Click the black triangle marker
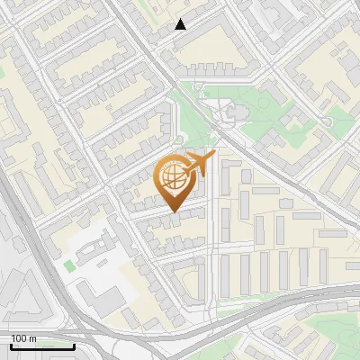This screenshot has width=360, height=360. tap(181, 24)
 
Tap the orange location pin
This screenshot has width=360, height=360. tap(175, 183)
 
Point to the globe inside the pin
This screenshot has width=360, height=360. tap(175, 176)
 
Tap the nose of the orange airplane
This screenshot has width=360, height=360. tap(214, 154)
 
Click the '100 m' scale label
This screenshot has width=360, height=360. tap(24, 338)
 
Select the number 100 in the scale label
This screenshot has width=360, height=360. tap(20, 338)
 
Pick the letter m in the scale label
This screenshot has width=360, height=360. tap(34, 338)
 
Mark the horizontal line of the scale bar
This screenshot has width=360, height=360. tap(42, 346)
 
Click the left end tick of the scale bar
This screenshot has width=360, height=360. tap(11, 345)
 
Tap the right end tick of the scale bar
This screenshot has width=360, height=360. tap(74, 345)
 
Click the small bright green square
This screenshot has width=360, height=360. tap(69, 266)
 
